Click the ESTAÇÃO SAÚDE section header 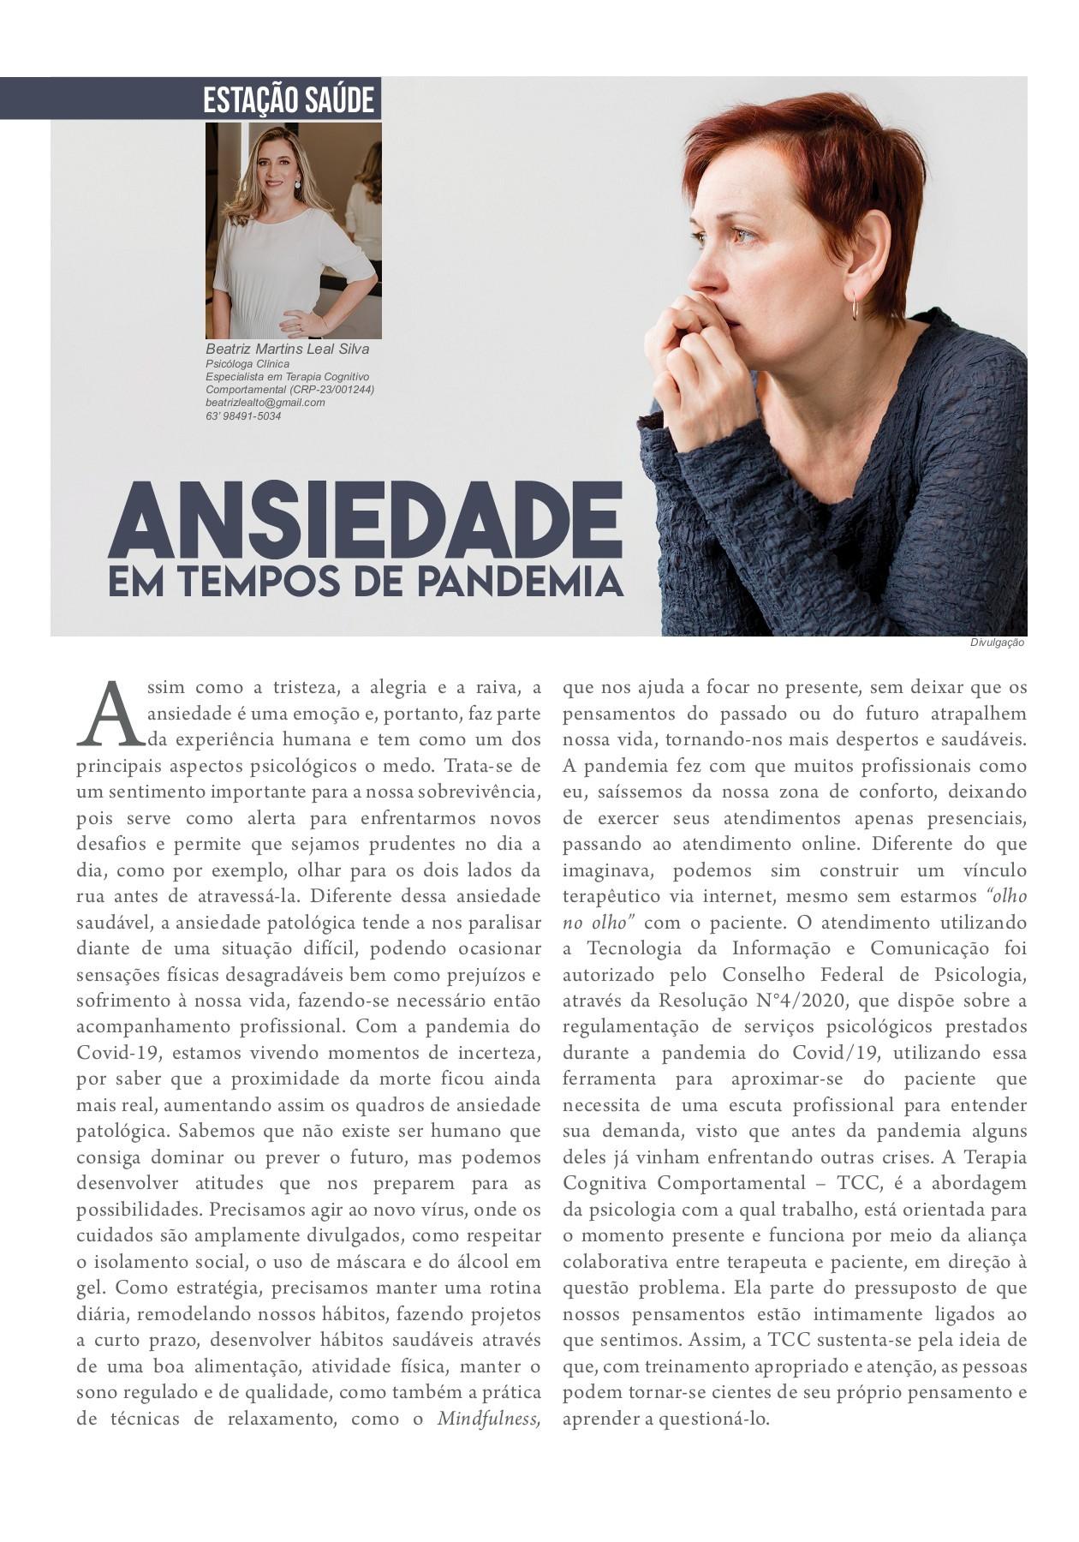pos(289,100)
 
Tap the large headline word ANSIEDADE pos(365,519)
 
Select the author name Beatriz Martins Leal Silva pos(288,350)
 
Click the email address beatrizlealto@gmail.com pos(265,402)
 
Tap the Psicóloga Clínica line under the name pos(247,364)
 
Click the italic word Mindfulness pos(489,1418)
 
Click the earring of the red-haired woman pos(855,305)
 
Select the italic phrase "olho pos(1007,896)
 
